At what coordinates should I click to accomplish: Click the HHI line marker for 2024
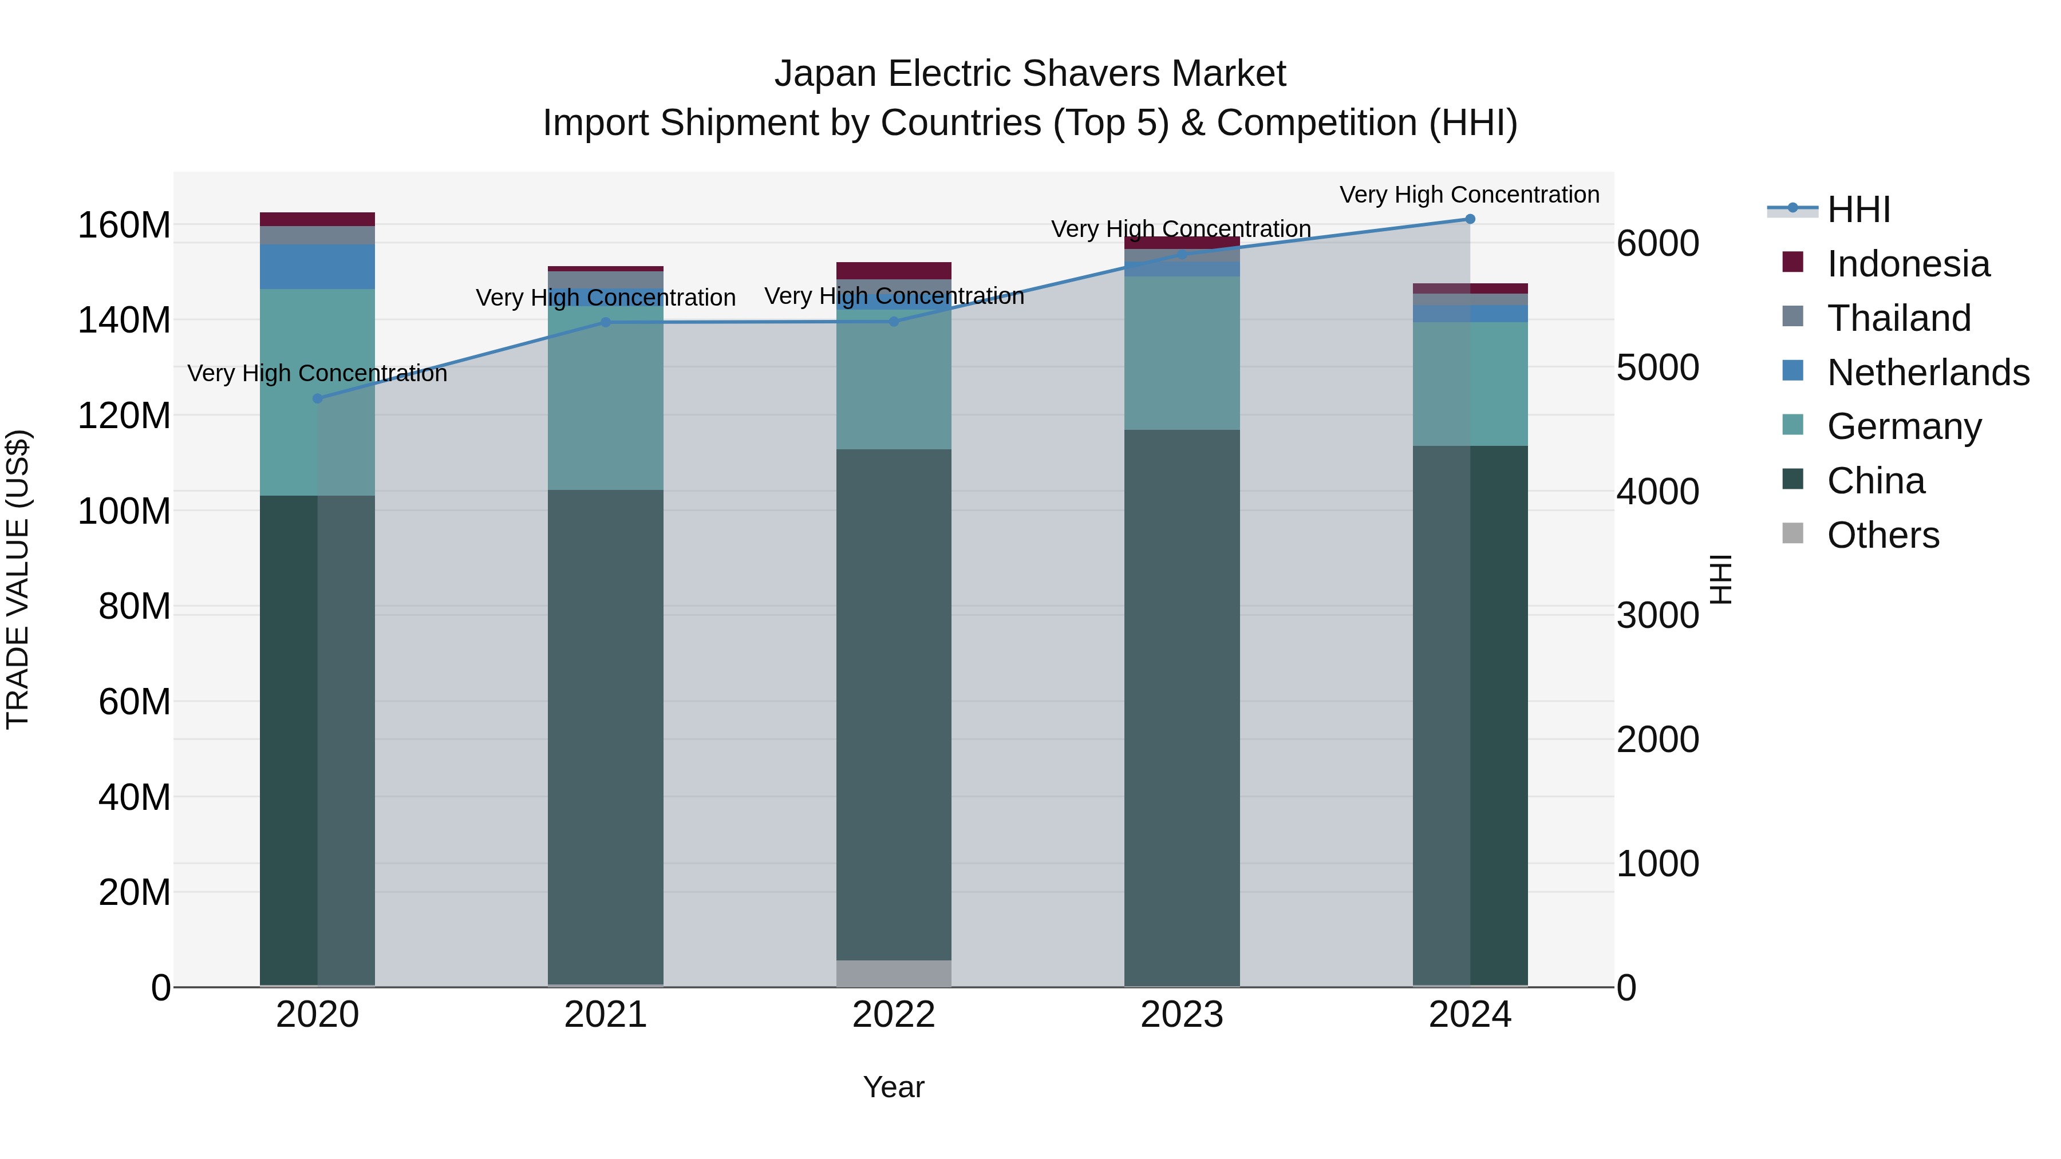tap(1470, 219)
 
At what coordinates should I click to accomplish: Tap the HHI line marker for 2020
tap(318, 398)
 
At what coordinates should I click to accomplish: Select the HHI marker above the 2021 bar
tap(606, 322)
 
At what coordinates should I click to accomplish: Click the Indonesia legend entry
tap(1908, 264)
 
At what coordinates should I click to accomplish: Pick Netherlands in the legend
tap(1928, 373)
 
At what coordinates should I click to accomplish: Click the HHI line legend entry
tap(1858, 209)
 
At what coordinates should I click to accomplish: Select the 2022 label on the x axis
tap(894, 1015)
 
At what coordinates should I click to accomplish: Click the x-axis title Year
tap(894, 1087)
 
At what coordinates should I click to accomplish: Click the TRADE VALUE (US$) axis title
tap(18, 579)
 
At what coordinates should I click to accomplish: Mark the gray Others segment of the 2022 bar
tap(894, 972)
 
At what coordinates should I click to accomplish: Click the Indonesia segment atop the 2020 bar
tap(318, 219)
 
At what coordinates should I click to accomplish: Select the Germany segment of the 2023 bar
tap(1182, 353)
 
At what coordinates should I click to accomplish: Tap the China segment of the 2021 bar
tap(606, 736)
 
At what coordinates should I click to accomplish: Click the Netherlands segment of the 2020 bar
tap(318, 266)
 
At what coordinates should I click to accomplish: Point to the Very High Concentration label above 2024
tap(1469, 195)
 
